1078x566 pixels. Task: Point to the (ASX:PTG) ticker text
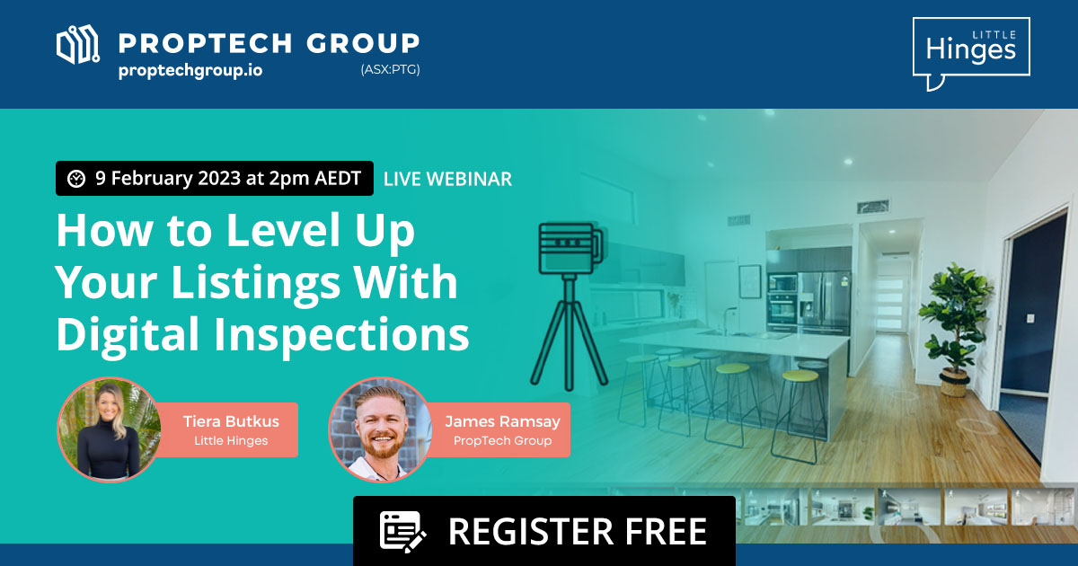pyautogui.click(x=389, y=70)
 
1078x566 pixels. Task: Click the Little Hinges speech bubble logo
pyautogui.click(x=970, y=51)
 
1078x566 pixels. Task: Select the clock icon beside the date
pyautogui.click(x=76, y=179)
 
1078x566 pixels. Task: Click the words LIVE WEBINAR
pyautogui.click(x=447, y=179)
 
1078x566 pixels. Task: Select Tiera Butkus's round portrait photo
pyautogui.click(x=108, y=429)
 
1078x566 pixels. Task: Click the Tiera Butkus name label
pyautogui.click(x=231, y=420)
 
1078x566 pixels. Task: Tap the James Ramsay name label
pyautogui.click(x=502, y=420)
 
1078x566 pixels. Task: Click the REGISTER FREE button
pyautogui.click(x=543, y=530)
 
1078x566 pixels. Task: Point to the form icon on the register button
pyautogui.click(x=402, y=530)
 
